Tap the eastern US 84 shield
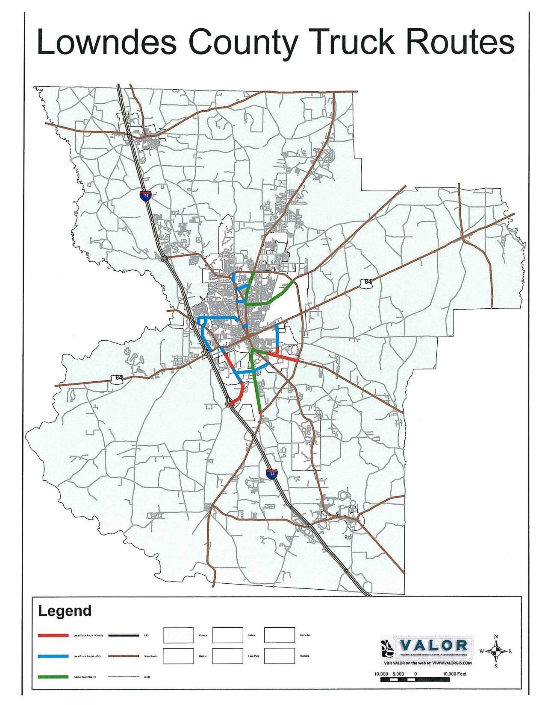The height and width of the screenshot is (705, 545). (366, 282)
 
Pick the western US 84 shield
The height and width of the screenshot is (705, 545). (117, 378)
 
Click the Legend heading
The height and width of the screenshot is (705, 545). (65, 611)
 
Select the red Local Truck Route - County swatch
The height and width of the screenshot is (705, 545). (53, 635)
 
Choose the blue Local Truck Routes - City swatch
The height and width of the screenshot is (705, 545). (53, 656)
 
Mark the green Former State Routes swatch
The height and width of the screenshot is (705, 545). (53, 677)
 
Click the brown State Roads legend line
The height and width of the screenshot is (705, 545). (124, 656)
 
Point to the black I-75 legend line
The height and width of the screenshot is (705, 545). (124, 635)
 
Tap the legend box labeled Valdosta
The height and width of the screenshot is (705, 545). (280, 656)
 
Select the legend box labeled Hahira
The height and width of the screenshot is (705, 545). (227, 635)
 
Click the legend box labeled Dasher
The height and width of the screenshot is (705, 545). (178, 656)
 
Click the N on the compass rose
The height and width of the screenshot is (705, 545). (496, 637)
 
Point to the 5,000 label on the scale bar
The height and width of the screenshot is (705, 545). (398, 674)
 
